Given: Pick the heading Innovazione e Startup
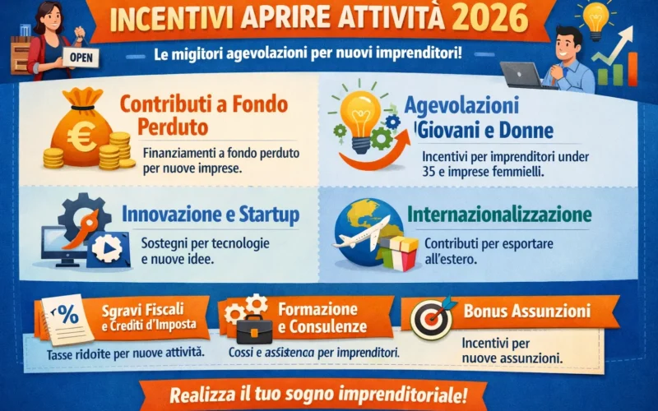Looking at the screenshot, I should [210, 215].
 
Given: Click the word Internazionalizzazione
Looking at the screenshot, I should [499, 215].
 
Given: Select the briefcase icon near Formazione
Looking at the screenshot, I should [256, 330].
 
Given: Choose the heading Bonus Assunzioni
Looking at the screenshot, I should [527, 312].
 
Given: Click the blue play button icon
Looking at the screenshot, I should [109, 247].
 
